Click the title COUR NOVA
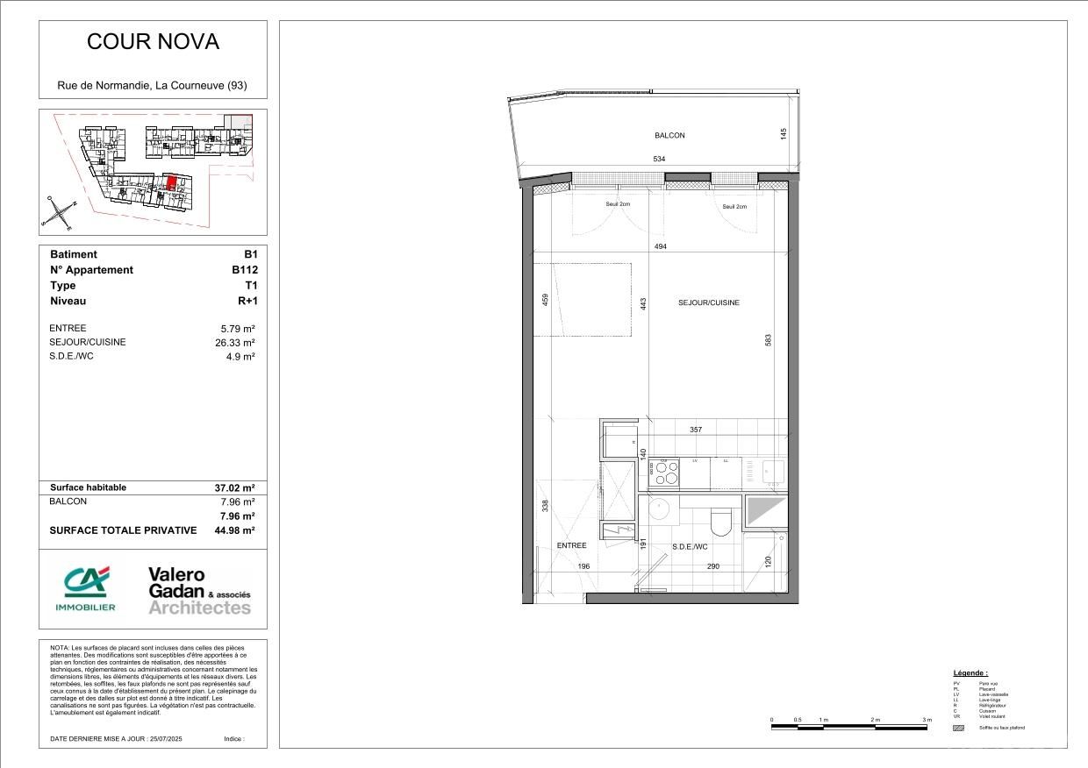[x=153, y=41]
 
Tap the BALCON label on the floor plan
[x=669, y=136]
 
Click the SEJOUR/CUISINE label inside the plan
[x=709, y=302]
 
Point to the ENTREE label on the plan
[x=571, y=545]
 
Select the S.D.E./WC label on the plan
[x=690, y=547]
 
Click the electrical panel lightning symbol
[x=619, y=529]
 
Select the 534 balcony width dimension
[x=659, y=160]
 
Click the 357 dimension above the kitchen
[x=696, y=430]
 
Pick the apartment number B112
[x=244, y=270]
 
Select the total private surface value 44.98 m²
[x=234, y=530]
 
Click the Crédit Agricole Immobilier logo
[x=85, y=587]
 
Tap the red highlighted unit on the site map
[x=172, y=183]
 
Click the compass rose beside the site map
[x=59, y=213]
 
